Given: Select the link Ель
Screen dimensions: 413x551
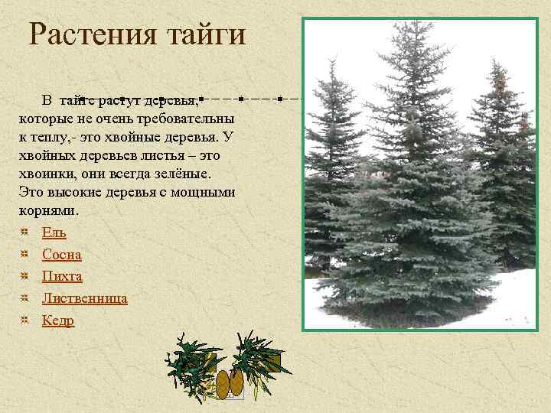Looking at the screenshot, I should pyautogui.click(x=54, y=233).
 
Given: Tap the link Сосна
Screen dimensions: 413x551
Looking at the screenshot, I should pyautogui.click(x=62, y=255).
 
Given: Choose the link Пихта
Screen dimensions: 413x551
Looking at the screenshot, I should pyautogui.click(x=62, y=276).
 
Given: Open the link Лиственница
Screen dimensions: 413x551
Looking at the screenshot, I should pyautogui.click(x=85, y=298).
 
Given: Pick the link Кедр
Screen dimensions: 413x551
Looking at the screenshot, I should pyautogui.click(x=58, y=320).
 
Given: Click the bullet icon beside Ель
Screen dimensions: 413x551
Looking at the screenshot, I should pyautogui.click(x=25, y=231).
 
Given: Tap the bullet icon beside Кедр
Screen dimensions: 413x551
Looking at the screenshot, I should pyautogui.click(x=25, y=319).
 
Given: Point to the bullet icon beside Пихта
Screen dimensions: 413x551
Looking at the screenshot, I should pyautogui.click(x=25, y=275).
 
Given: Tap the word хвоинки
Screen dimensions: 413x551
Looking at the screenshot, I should pyautogui.click(x=43, y=174).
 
